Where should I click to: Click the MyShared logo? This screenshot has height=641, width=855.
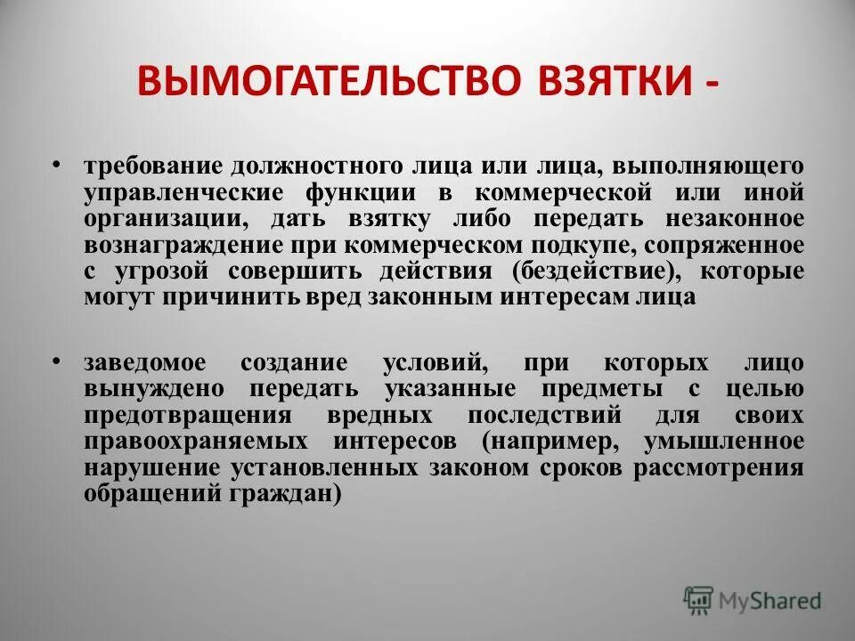[x=752, y=601]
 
